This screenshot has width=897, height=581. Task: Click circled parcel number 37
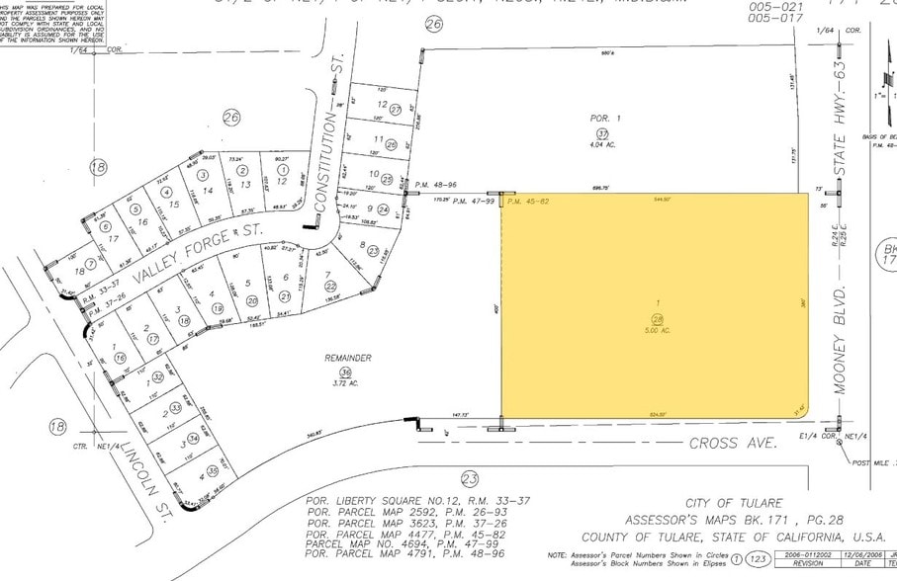coord(602,133)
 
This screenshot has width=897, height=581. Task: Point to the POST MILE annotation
coord(870,461)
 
